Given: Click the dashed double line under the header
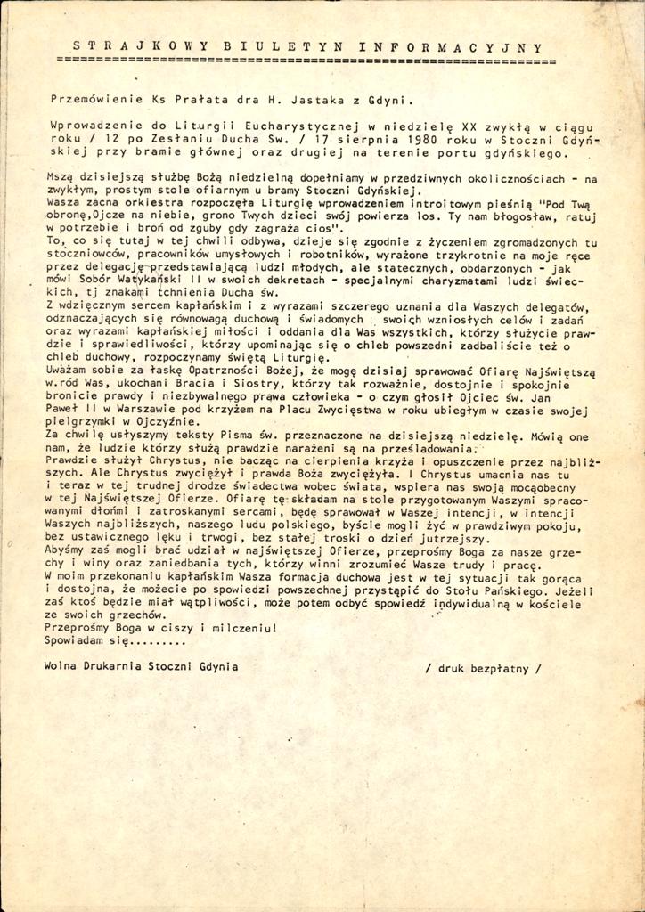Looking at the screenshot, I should pos(306,61).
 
